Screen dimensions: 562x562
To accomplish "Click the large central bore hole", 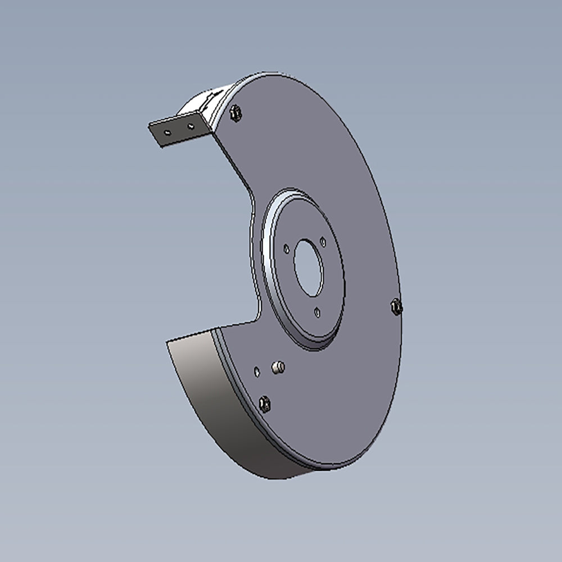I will [309, 268].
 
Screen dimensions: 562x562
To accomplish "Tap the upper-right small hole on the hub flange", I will [323, 241].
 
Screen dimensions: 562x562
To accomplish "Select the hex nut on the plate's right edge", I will [396, 306].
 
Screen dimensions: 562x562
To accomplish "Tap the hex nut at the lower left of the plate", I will [265, 403].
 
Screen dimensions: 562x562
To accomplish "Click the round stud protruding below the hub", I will [278, 368].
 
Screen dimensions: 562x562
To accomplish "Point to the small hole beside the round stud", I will [257, 371].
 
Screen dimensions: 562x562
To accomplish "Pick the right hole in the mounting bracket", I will [191, 126].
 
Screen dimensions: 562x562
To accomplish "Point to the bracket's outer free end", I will [153, 134].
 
